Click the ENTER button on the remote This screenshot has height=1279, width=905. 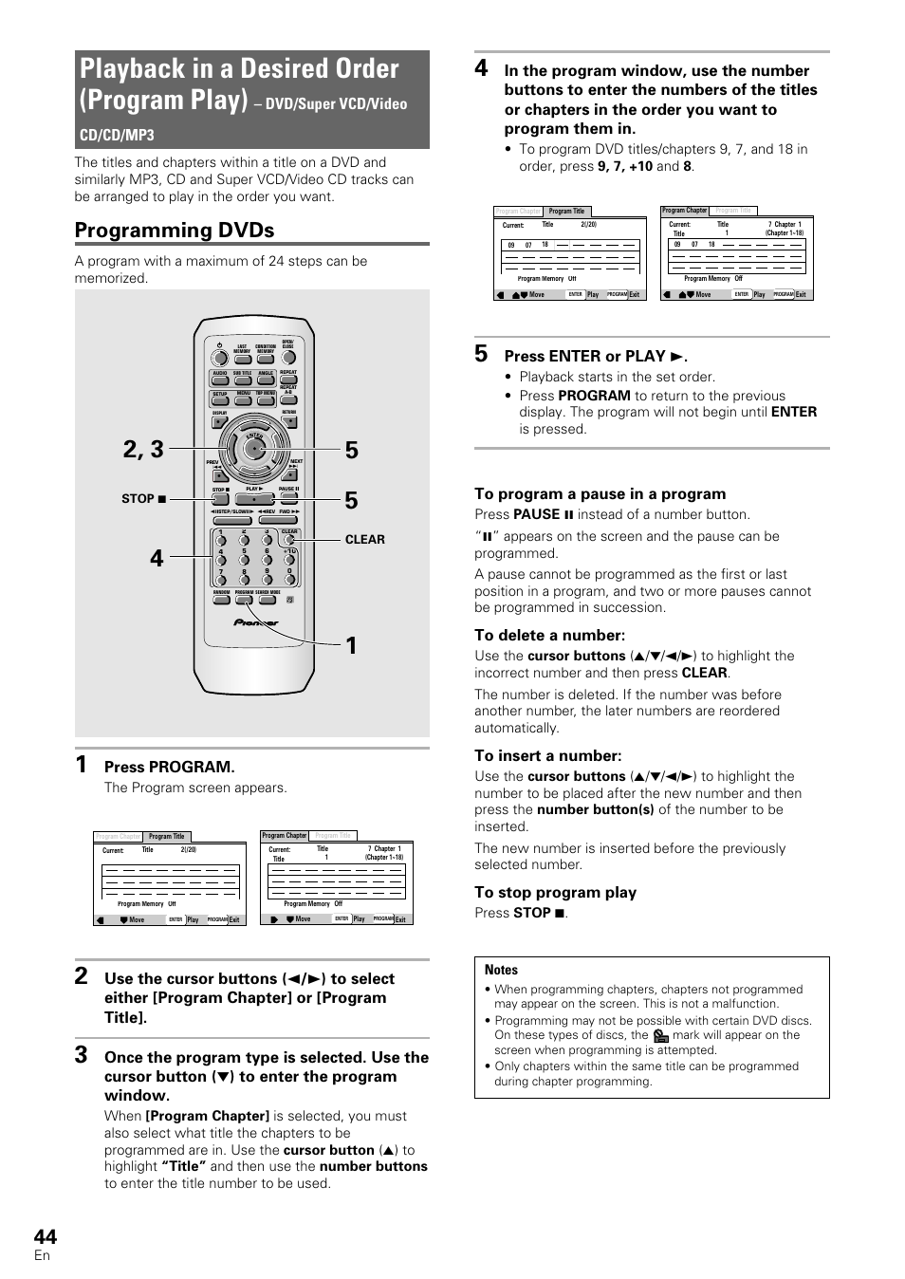[253, 449]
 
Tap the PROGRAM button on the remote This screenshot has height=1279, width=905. [244, 599]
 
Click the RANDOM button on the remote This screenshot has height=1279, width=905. [221, 599]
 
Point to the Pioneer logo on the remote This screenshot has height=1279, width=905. [256, 623]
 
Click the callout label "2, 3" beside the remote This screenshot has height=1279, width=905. [143, 450]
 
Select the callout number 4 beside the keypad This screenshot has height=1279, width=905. [157, 558]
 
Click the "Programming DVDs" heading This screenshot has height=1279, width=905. [175, 231]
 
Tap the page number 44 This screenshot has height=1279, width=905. [45, 1236]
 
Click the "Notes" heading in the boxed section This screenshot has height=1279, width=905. [501, 970]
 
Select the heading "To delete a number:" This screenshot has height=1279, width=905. [549, 635]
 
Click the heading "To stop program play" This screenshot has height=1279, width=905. [555, 892]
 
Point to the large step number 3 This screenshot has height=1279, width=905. [82, 1055]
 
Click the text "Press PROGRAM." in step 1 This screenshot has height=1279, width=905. [169, 767]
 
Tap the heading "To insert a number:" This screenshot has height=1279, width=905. [547, 755]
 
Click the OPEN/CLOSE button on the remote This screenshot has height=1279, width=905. [287, 354]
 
